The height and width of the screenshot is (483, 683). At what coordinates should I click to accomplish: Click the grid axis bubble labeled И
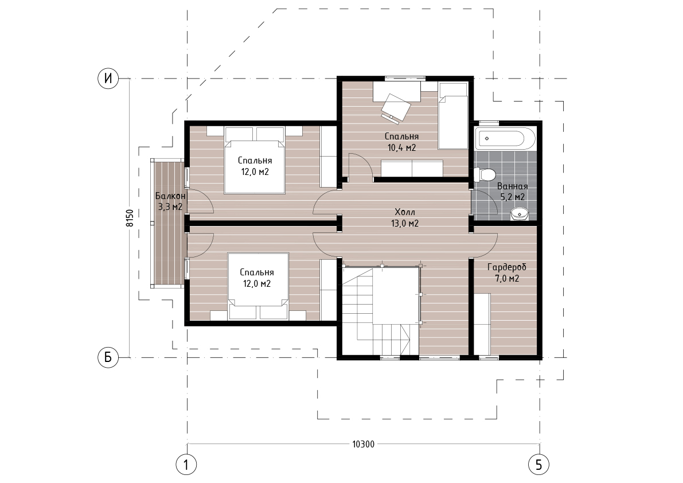[108, 79]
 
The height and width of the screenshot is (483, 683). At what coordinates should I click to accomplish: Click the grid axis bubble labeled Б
[108, 357]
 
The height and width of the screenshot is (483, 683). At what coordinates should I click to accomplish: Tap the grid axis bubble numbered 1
[186, 465]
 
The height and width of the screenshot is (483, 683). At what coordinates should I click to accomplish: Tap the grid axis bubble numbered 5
[539, 465]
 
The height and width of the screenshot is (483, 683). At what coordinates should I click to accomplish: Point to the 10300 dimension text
[363, 444]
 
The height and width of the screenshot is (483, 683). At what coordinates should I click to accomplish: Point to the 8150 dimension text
[130, 218]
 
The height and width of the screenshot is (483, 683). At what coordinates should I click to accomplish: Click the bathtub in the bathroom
[505, 138]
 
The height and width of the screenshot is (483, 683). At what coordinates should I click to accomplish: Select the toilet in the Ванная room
[485, 174]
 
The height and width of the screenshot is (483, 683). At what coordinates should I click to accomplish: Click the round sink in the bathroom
[519, 214]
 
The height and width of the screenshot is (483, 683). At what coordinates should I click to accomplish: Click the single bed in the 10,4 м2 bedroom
[453, 115]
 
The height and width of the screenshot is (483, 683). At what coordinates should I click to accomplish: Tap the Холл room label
[405, 212]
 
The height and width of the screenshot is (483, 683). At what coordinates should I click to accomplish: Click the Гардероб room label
[506, 267]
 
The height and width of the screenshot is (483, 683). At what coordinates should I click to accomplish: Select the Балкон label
[170, 196]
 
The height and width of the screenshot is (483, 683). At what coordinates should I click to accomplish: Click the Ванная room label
[513, 186]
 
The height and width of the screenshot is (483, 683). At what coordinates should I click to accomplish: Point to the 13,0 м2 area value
[405, 223]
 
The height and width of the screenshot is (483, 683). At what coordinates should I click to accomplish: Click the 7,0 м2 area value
[507, 279]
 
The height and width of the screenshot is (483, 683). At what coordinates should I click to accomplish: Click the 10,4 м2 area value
[401, 147]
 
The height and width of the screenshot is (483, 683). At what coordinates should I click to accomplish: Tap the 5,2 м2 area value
[513, 197]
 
